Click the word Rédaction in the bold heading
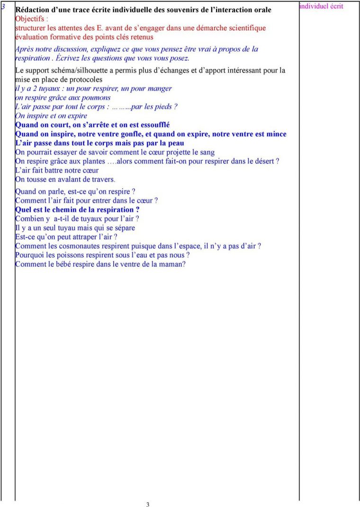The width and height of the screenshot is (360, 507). pos(33,10)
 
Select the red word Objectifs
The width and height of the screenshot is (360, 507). pos(30,19)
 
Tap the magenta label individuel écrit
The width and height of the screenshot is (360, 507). pos(321,6)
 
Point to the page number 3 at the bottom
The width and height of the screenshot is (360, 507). pos(148,505)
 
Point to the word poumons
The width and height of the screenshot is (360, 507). pos(98,98)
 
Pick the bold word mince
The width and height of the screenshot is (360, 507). pos(277,134)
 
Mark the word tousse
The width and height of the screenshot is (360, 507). pos(37,180)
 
